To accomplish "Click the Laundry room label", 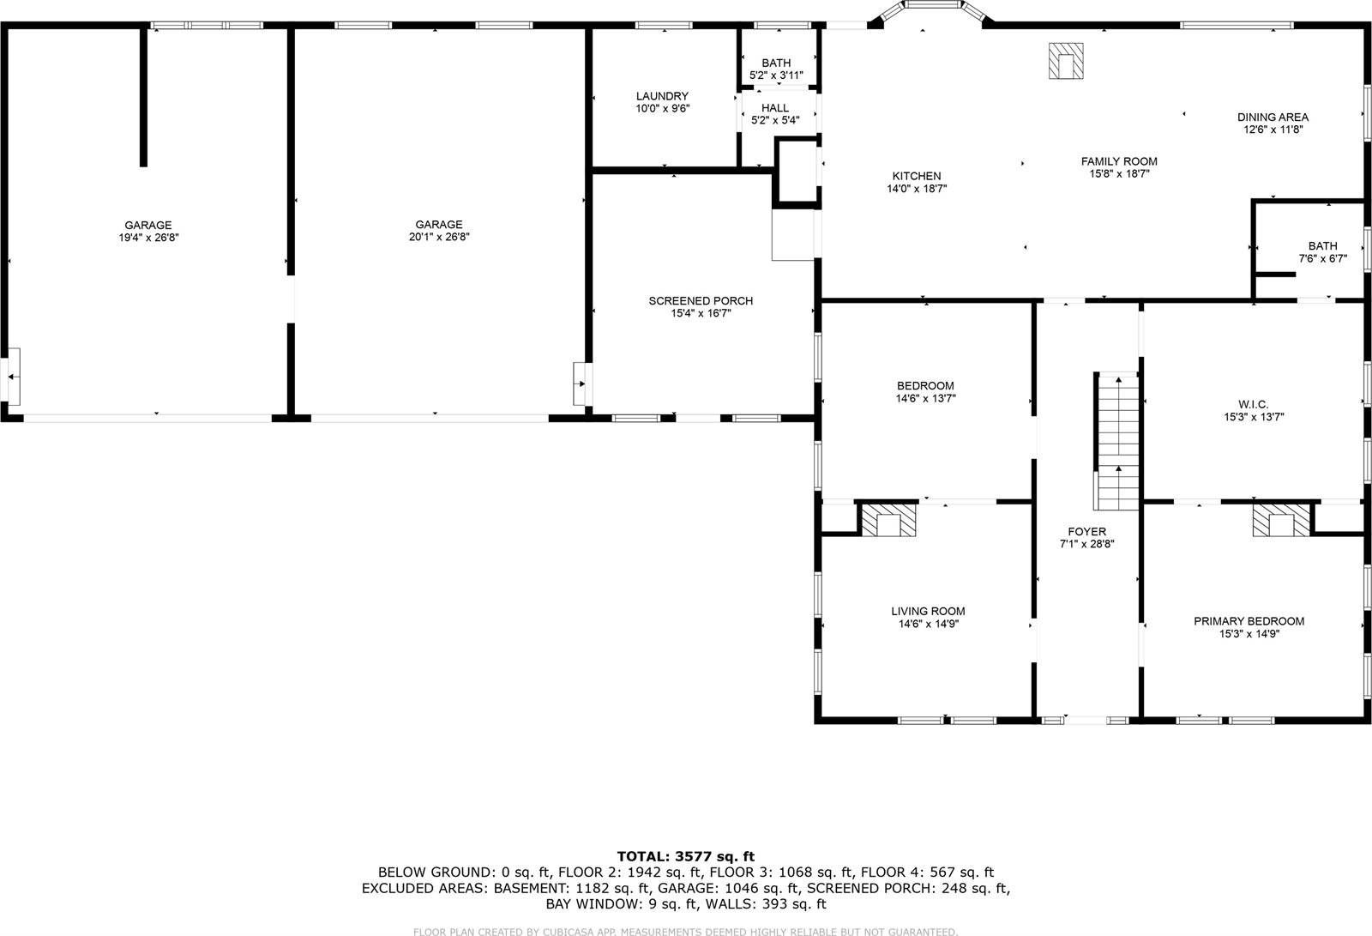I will (x=662, y=96).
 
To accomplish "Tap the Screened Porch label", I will (x=701, y=301).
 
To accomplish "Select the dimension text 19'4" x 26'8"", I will (x=148, y=238).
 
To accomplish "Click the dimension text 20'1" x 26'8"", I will (x=439, y=238).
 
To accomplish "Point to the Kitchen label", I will (x=917, y=176).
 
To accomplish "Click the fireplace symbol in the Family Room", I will (x=1065, y=62).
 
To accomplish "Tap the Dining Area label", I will (x=1273, y=118).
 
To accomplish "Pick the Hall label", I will (x=775, y=108).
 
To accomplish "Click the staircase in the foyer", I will (x=1117, y=440).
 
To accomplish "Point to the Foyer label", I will (x=1086, y=532).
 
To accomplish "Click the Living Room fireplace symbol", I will (x=888, y=520).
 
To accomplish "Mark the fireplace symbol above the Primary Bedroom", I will (x=1282, y=520).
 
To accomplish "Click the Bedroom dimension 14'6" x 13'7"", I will (x=925, y=399).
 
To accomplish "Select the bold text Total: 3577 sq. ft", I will (x=685, y=856).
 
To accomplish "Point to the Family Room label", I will (x=1118, y=161).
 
